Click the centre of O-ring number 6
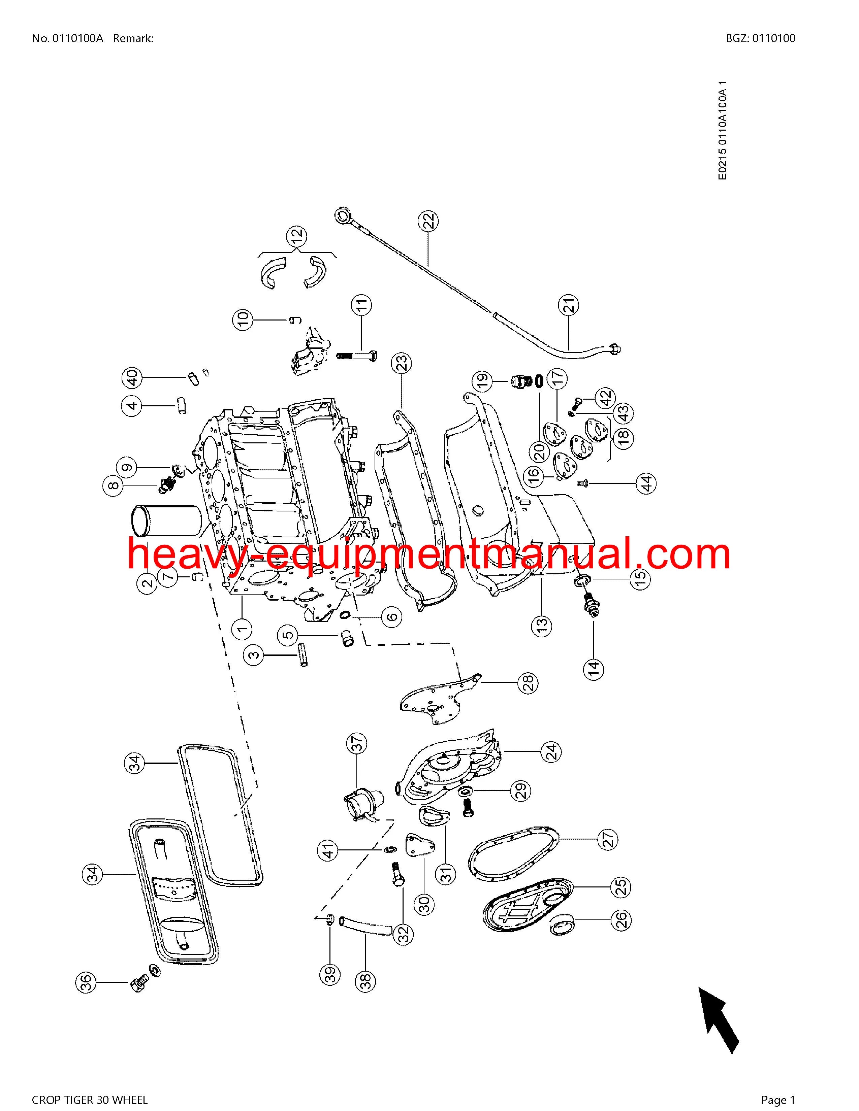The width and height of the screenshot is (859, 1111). pyautogui.click(x=345, y=616)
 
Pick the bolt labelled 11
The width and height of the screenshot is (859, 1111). pyautogui.click(x=356, y=355)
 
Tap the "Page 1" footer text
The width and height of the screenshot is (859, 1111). pyautogui.click(x=777, y=1096)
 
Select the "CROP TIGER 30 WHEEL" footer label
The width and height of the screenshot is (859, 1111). pyautogui.click(x=90, y=1096)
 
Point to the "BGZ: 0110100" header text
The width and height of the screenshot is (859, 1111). pyautogui.click(x=761, y=38)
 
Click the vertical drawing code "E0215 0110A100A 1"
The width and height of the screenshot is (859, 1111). pyautogui.click(x=723, y=130)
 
